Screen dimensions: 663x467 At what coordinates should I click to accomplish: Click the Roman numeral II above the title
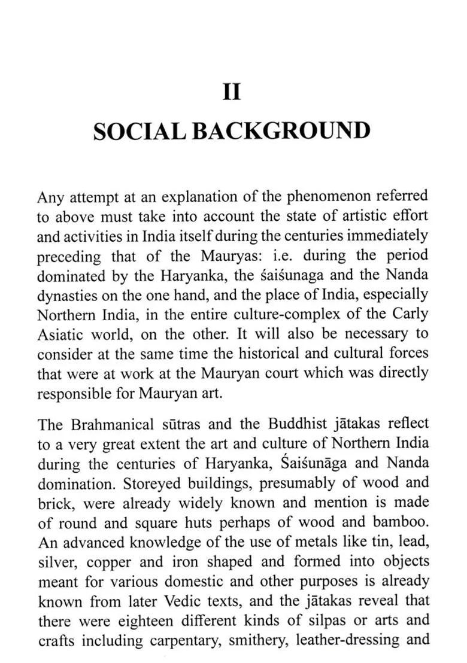click(x=232, y=93)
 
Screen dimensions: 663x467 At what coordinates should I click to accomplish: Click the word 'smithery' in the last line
click(x=257, y=640)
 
